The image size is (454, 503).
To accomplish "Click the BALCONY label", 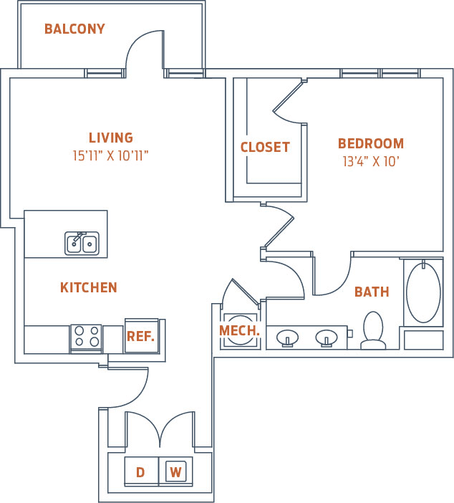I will [74, 29].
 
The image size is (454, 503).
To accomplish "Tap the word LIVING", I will [111, 138].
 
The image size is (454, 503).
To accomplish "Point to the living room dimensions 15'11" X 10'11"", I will [111, 155].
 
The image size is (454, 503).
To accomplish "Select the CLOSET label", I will [265, 148].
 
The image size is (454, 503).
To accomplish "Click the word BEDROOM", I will [371, 143].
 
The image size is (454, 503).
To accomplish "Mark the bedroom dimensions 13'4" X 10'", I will [370, 161].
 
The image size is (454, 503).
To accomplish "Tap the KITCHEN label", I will [89, 288].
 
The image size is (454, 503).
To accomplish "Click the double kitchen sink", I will [82, 244].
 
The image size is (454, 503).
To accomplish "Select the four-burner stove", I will [87, 337].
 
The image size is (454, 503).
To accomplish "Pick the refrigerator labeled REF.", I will [141, 336].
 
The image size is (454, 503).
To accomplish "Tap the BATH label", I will [372, 292].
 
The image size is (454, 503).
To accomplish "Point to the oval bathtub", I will [423, 293].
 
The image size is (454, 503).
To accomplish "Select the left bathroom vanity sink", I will [288, 337].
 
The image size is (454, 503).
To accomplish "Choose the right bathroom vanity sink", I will [327, 337].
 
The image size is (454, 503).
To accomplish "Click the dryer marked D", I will [140, 472].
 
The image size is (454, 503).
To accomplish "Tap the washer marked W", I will [175, 472].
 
